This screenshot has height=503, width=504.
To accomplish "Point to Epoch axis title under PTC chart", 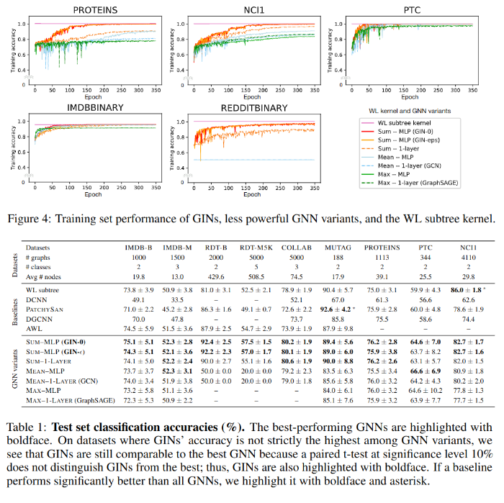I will pos(409,96).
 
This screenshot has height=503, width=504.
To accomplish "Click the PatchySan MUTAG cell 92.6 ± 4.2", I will pos(332,307).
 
